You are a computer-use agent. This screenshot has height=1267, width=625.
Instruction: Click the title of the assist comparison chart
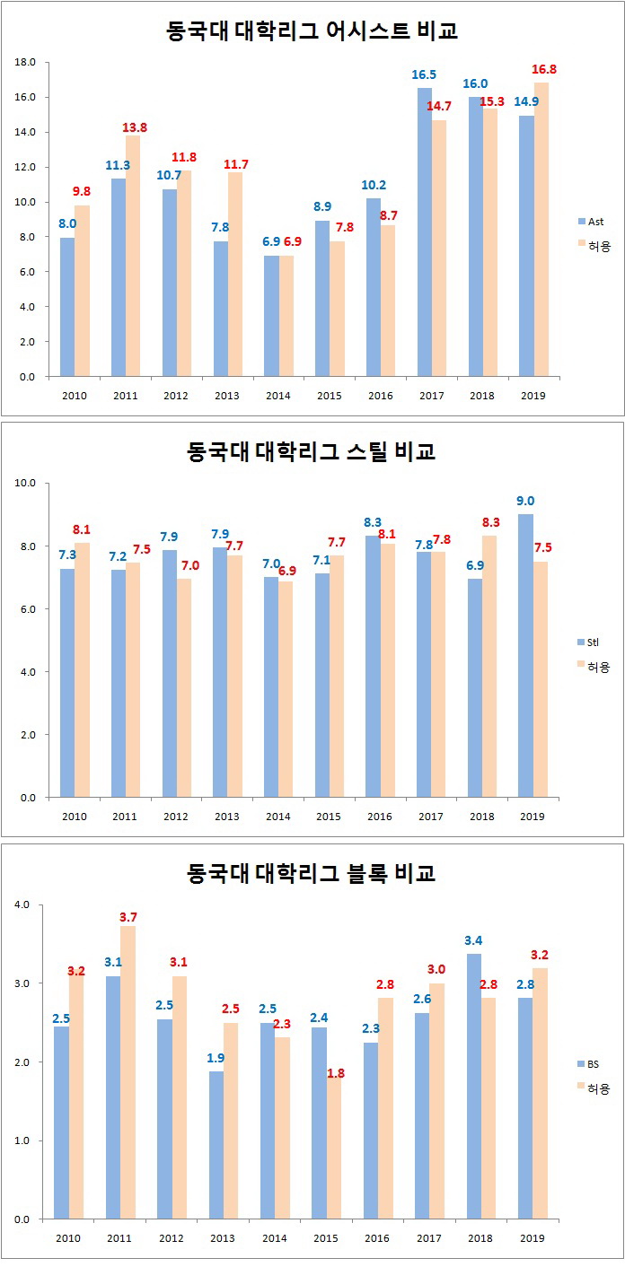(x=312, y=31)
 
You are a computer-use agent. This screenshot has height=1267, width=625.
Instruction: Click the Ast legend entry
(x=592, y=220)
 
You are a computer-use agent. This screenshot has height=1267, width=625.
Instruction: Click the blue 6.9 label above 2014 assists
(x=270, y=242)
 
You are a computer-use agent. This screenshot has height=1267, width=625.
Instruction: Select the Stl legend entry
(x=592, y=642)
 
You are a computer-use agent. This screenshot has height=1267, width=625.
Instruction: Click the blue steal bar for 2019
(x=526, y=655)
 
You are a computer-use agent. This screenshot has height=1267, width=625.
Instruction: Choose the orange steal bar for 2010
(x=82, y=669)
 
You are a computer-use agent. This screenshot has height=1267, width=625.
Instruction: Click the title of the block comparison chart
(x=312, y=873)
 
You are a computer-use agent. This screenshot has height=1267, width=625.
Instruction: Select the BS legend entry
(x=592, y=1064)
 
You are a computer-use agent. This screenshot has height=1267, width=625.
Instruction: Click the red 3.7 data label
(x=128, y=917)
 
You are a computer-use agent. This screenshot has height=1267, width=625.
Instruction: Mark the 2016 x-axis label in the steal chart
(x=380, y=817)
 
